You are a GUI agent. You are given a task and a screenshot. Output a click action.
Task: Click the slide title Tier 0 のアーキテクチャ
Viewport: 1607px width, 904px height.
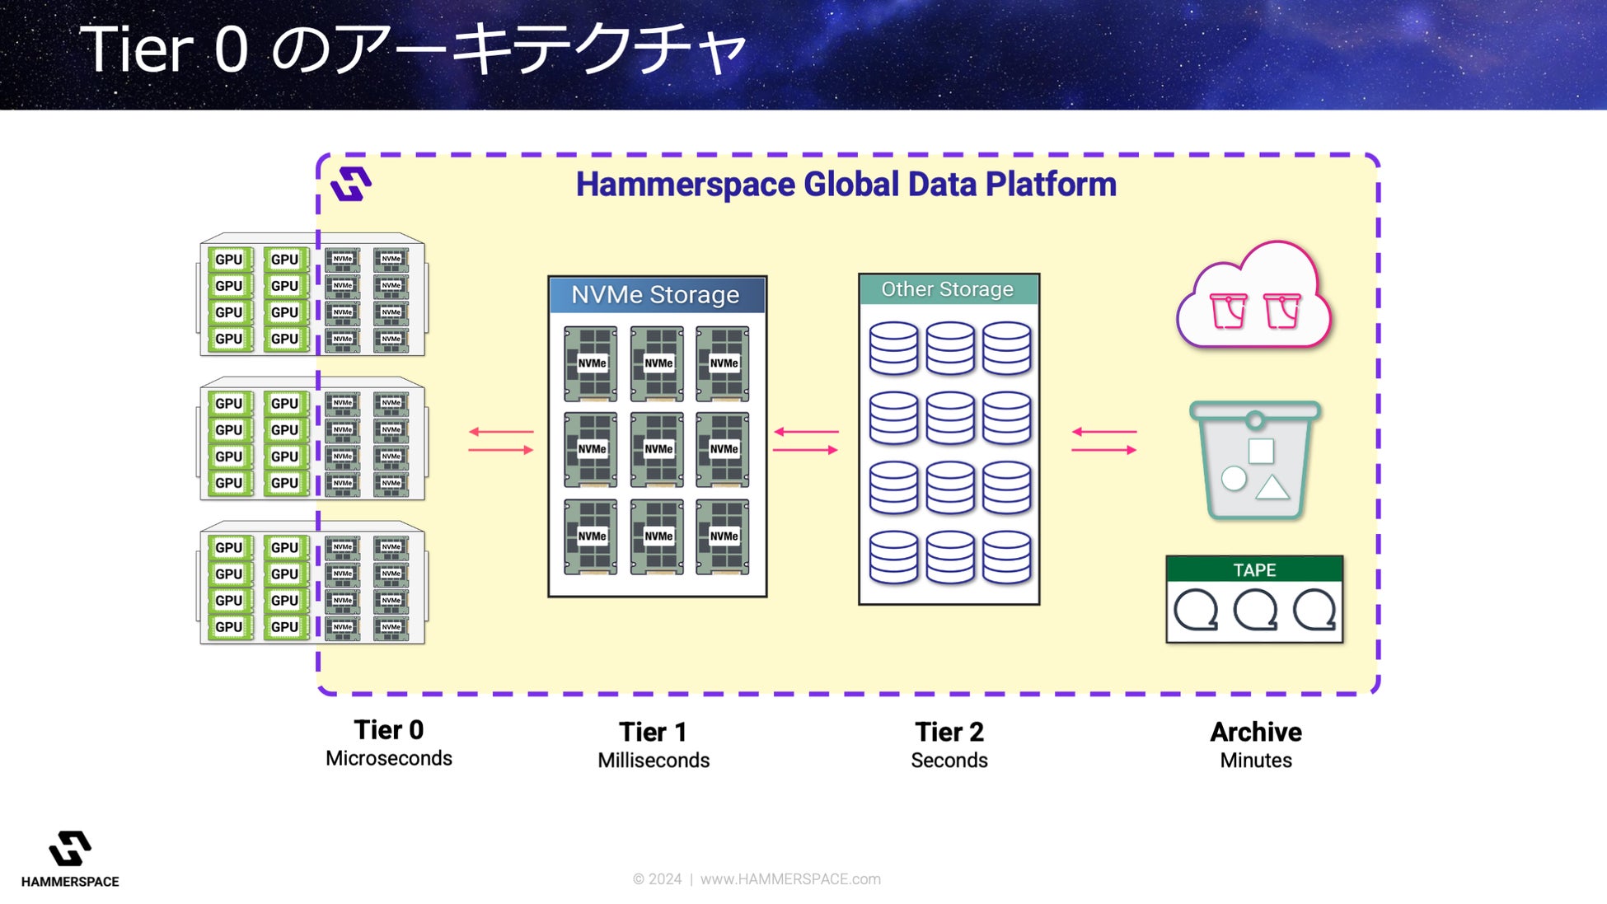pyautogui.click(x=412, y=49)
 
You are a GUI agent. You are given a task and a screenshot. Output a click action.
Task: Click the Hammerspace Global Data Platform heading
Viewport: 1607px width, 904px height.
pyautogui.click(x=846, y=185)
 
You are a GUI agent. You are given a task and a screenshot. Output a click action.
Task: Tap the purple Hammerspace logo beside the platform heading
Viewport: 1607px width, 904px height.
pyautogui.click(x=351, y=184)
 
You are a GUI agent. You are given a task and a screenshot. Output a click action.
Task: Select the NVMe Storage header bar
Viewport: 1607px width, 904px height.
pyautogui.click(x=656, y=295)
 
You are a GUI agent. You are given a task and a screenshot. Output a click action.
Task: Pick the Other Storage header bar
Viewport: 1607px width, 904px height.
pyautogui.click(x=948, y=289)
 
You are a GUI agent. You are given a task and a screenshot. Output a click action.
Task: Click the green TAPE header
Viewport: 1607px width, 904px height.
pyautogui.click(x=1254, y=570)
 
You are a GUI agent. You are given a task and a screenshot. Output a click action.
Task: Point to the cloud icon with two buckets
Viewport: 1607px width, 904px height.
pyautogui.click(x=1253, y=297)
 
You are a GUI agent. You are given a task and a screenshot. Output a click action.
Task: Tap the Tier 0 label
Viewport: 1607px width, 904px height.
pyautogui.click(x=389, y=730)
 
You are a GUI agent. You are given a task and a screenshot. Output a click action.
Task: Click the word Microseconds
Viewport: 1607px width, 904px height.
pyautogui.click(x=389, y=758)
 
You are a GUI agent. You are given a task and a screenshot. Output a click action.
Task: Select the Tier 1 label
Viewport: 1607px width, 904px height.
pyautogui.click(x=653, y=732)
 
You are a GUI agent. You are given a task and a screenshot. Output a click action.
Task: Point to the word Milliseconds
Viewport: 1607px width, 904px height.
pyautogui.click(x=654, y=761)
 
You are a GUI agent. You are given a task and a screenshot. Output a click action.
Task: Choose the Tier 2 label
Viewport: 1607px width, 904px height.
pyautogui.click(x=949, y=732)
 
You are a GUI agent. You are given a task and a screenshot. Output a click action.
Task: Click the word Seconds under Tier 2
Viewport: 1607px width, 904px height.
pyautogui.click(x=949, y=761)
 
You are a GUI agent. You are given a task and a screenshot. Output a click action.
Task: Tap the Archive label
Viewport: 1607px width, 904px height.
pyautogui.click(x=1256, y=732)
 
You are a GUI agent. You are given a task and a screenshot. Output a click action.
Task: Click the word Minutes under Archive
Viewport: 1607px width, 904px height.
pyautogui.click(x=1256, y=761)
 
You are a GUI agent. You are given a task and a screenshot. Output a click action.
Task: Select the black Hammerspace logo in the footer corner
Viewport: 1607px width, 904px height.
pyautogui.click(x=70, y=849)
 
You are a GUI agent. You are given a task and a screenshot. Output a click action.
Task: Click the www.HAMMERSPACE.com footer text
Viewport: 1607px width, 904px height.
pyautogui.click(x=790, y=879)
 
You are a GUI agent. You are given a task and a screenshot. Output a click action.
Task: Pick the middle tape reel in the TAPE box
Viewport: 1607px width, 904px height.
pyautogui.click(x=1254, y=611)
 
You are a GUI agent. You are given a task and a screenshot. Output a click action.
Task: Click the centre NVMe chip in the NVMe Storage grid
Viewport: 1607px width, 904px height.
pyautogui.click(x=657, y=449)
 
